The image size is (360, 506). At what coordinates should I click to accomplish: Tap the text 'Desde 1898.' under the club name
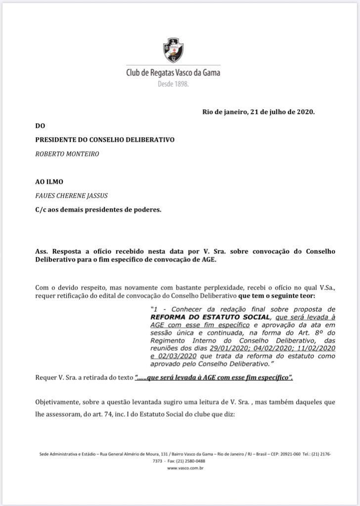tap(173, 84)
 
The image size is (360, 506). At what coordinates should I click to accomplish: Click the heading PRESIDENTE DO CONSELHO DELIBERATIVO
tap(104, 140)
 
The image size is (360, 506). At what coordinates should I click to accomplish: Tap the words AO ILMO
tap(48, 182)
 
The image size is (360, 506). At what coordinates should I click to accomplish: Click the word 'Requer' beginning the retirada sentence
tap(46, 378)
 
